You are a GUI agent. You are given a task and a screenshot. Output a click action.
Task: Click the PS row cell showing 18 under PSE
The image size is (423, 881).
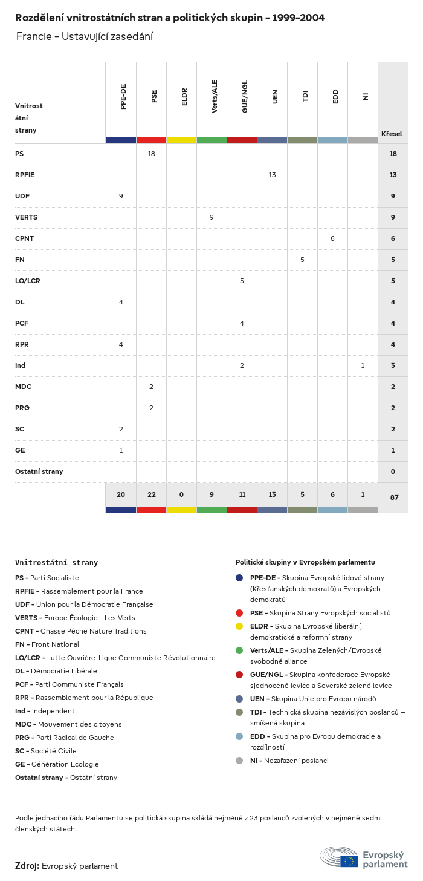click(x=151, y=154)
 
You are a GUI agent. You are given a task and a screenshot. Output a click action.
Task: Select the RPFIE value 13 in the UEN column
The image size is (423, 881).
click(x=272, y=175)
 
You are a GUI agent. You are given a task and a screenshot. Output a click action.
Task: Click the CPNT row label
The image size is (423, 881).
click(x=24, y=238)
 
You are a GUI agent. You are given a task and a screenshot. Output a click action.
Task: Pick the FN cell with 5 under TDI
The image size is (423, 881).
click(x=302, y=260)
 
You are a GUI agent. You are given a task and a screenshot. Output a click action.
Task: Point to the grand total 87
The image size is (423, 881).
click(x=394, y=497)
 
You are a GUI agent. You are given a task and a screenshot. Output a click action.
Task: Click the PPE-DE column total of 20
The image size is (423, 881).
click(x=121, y=494)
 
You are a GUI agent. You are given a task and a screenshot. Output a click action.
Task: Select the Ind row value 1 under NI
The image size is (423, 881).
click(x=363, y=365)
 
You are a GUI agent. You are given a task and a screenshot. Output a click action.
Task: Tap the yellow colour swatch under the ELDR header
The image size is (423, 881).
click(x=181, y=140)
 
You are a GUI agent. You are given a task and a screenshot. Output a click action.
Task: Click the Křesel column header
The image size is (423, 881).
click(x=392, y=134)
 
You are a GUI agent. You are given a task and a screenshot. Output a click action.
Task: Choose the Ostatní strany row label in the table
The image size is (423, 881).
click(x=39, y=471)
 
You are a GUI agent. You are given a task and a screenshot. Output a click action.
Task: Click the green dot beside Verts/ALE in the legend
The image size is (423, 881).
click(x=239, y=650)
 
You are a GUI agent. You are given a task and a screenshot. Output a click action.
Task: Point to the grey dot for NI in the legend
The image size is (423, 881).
click(x=239, y=761)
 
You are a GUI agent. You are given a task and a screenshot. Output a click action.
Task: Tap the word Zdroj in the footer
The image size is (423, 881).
click(x=27, y=866)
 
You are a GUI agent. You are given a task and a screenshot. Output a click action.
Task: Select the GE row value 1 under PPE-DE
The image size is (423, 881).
click(x=121, y=450)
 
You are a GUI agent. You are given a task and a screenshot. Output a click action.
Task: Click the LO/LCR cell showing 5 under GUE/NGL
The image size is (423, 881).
click(x=242, y=281)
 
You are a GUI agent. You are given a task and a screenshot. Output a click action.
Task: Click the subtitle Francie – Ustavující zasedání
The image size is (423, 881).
click(x=85, y=36)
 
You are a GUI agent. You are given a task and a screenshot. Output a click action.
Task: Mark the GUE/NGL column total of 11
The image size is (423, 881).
click(x=242, y=494)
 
